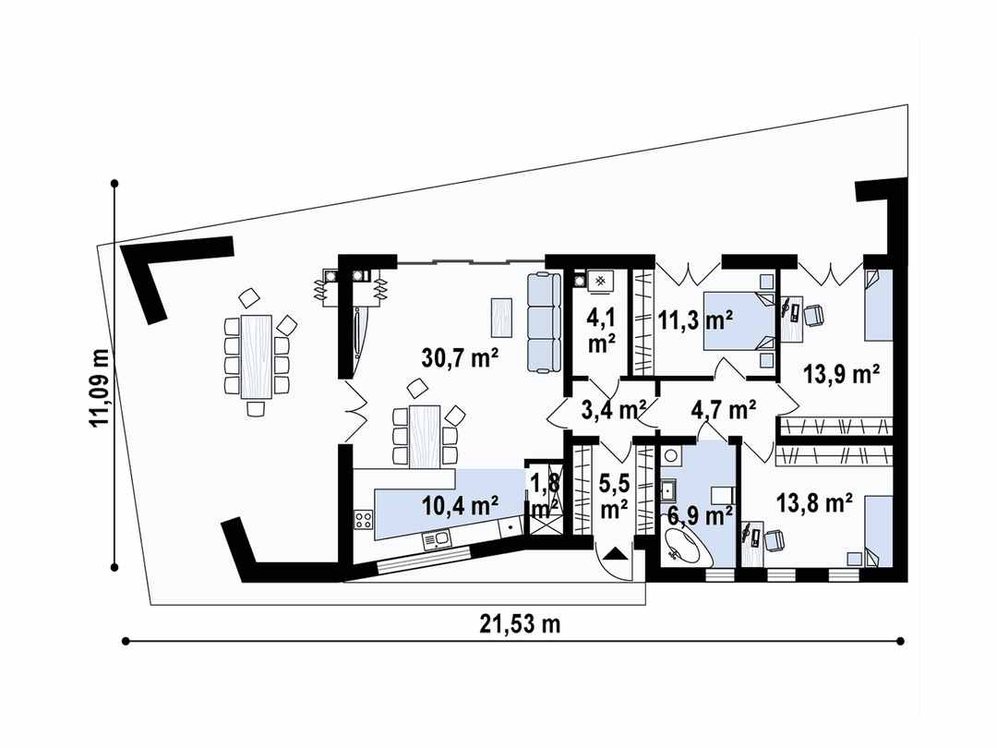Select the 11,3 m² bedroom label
695,320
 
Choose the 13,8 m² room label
813,503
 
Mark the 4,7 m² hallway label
724,406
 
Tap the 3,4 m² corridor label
613,406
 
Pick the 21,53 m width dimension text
520,623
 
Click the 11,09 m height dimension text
99,388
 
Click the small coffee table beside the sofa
501,317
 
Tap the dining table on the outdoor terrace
257,356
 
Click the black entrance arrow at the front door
616,554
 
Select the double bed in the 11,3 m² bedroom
738,320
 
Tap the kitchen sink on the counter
437,537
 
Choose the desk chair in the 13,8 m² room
775,539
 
